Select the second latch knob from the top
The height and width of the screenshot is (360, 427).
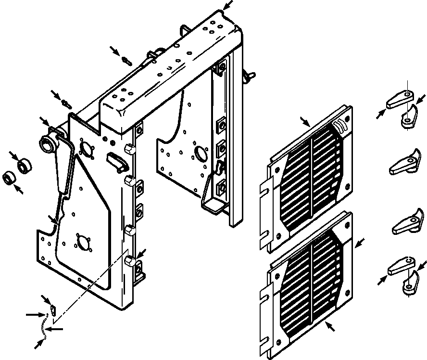pyautogui.click(x=404, y=161)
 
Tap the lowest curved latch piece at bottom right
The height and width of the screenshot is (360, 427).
pyautogui.click(x=409, y=283)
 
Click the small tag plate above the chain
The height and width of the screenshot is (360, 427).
pyautogui.click(x=53, y=308)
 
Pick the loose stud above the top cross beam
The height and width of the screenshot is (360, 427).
pyautogui.click(x=126, y=61)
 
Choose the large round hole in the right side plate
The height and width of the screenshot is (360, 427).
pyautogui.click(x=198, y=154)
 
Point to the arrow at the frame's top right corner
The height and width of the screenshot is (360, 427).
pyautogui.click(x=228, y=6)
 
